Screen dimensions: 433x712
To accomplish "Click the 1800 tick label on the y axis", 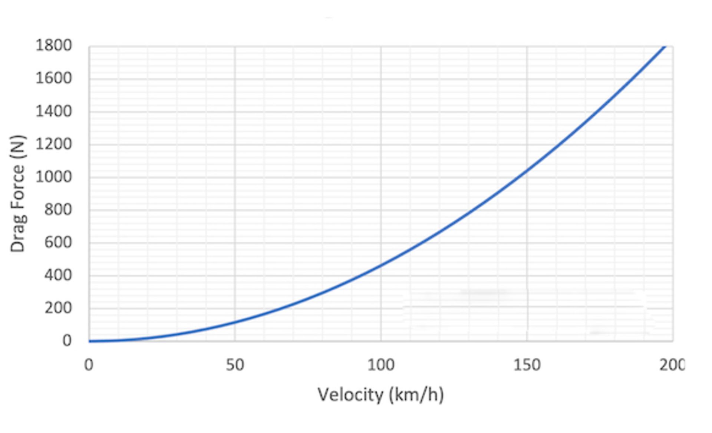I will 53,46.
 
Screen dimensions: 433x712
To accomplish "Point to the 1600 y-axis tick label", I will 53,78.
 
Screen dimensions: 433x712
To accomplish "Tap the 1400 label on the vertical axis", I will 53,111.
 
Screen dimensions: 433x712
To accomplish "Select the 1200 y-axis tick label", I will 53,144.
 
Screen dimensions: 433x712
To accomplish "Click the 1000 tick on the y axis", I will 53,177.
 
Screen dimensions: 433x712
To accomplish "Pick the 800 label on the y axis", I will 58,209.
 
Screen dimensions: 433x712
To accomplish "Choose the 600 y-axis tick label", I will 58,242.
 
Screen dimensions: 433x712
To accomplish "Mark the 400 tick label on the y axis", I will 58,275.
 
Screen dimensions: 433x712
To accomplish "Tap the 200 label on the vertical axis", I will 58,308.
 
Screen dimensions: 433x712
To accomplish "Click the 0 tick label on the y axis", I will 67,341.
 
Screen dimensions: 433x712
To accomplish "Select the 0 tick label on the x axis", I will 89,365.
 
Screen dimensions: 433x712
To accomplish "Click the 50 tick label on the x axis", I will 235,365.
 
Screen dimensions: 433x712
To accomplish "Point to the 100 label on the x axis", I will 381,365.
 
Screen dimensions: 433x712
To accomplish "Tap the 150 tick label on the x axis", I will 527,365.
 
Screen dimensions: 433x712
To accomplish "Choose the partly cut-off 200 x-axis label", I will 672,365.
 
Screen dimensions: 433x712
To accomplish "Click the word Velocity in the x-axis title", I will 350,394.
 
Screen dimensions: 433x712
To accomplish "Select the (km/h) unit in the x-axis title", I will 416,394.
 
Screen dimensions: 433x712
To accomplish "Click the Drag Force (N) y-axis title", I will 17,193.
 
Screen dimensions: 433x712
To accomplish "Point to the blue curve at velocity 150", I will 527,170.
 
